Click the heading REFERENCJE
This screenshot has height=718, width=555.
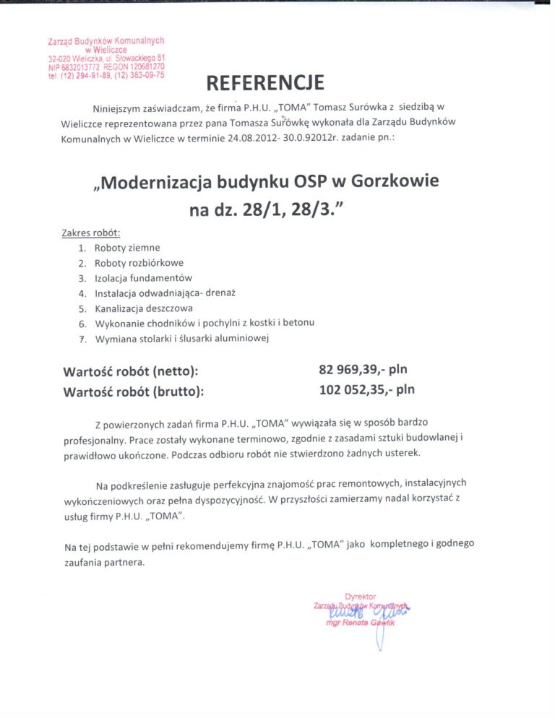pyautogui.click(x=264, y=83)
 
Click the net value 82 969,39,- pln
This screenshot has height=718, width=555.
pyautogui.click(x=367, y=370)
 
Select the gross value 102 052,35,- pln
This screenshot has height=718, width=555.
pyautogui.click(x=367, y=391)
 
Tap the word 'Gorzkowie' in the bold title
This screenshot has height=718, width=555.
pyautogui.click(x=395, y=181)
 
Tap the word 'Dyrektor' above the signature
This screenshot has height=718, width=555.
pyautogui.click(x=361, y=597)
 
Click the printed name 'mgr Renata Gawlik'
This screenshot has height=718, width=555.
pyautogui.click(x=361, y=622)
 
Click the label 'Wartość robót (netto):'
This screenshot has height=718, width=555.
pyautogui.click(x=131, y=372)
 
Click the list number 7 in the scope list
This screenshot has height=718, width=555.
pyautogui.click(x=82, y=338)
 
